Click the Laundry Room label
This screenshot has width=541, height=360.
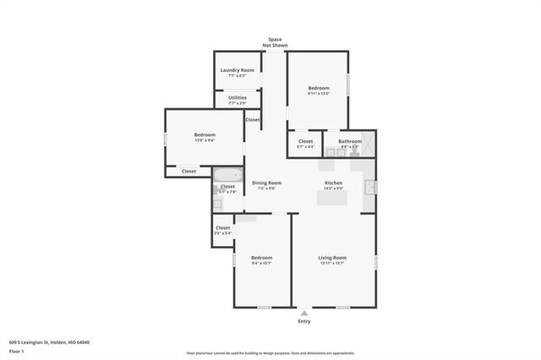pos(237,70)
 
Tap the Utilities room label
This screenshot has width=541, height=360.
pos(237,98)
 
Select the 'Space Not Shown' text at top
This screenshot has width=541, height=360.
pos(275,42)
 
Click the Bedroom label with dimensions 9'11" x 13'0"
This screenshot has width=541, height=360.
pos(318,89)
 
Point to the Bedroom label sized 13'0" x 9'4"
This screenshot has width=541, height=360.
pos(205,136)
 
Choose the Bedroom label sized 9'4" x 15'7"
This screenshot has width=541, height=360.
pos(261,259)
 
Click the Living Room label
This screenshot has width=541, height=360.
pos(332,259)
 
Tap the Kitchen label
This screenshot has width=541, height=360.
pos(334,183)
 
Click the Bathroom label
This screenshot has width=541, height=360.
pos(349,142)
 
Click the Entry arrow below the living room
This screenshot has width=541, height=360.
pos(304,312)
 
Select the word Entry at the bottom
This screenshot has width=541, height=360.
pos(304,321)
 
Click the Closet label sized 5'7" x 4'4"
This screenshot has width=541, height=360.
pos(305,142)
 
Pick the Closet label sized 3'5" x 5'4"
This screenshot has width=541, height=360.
pos(222,229)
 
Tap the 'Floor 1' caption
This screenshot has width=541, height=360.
pos(17,350)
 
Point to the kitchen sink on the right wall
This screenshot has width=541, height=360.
pos(369,186)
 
